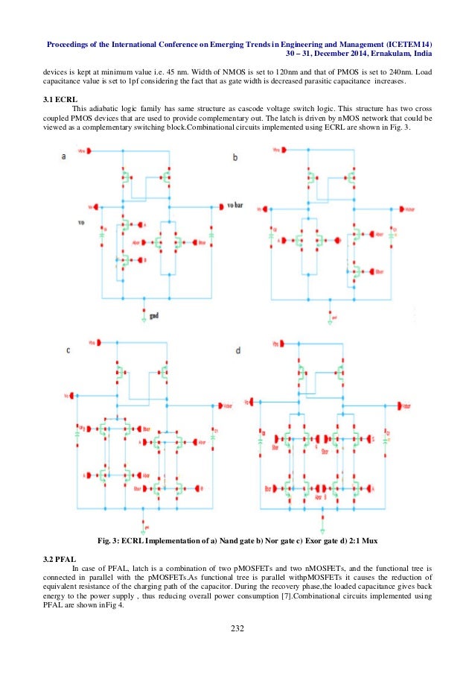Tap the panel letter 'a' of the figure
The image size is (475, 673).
[64, 157]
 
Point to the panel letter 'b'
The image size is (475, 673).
[235, 158]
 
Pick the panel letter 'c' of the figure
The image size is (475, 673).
[68, 350]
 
